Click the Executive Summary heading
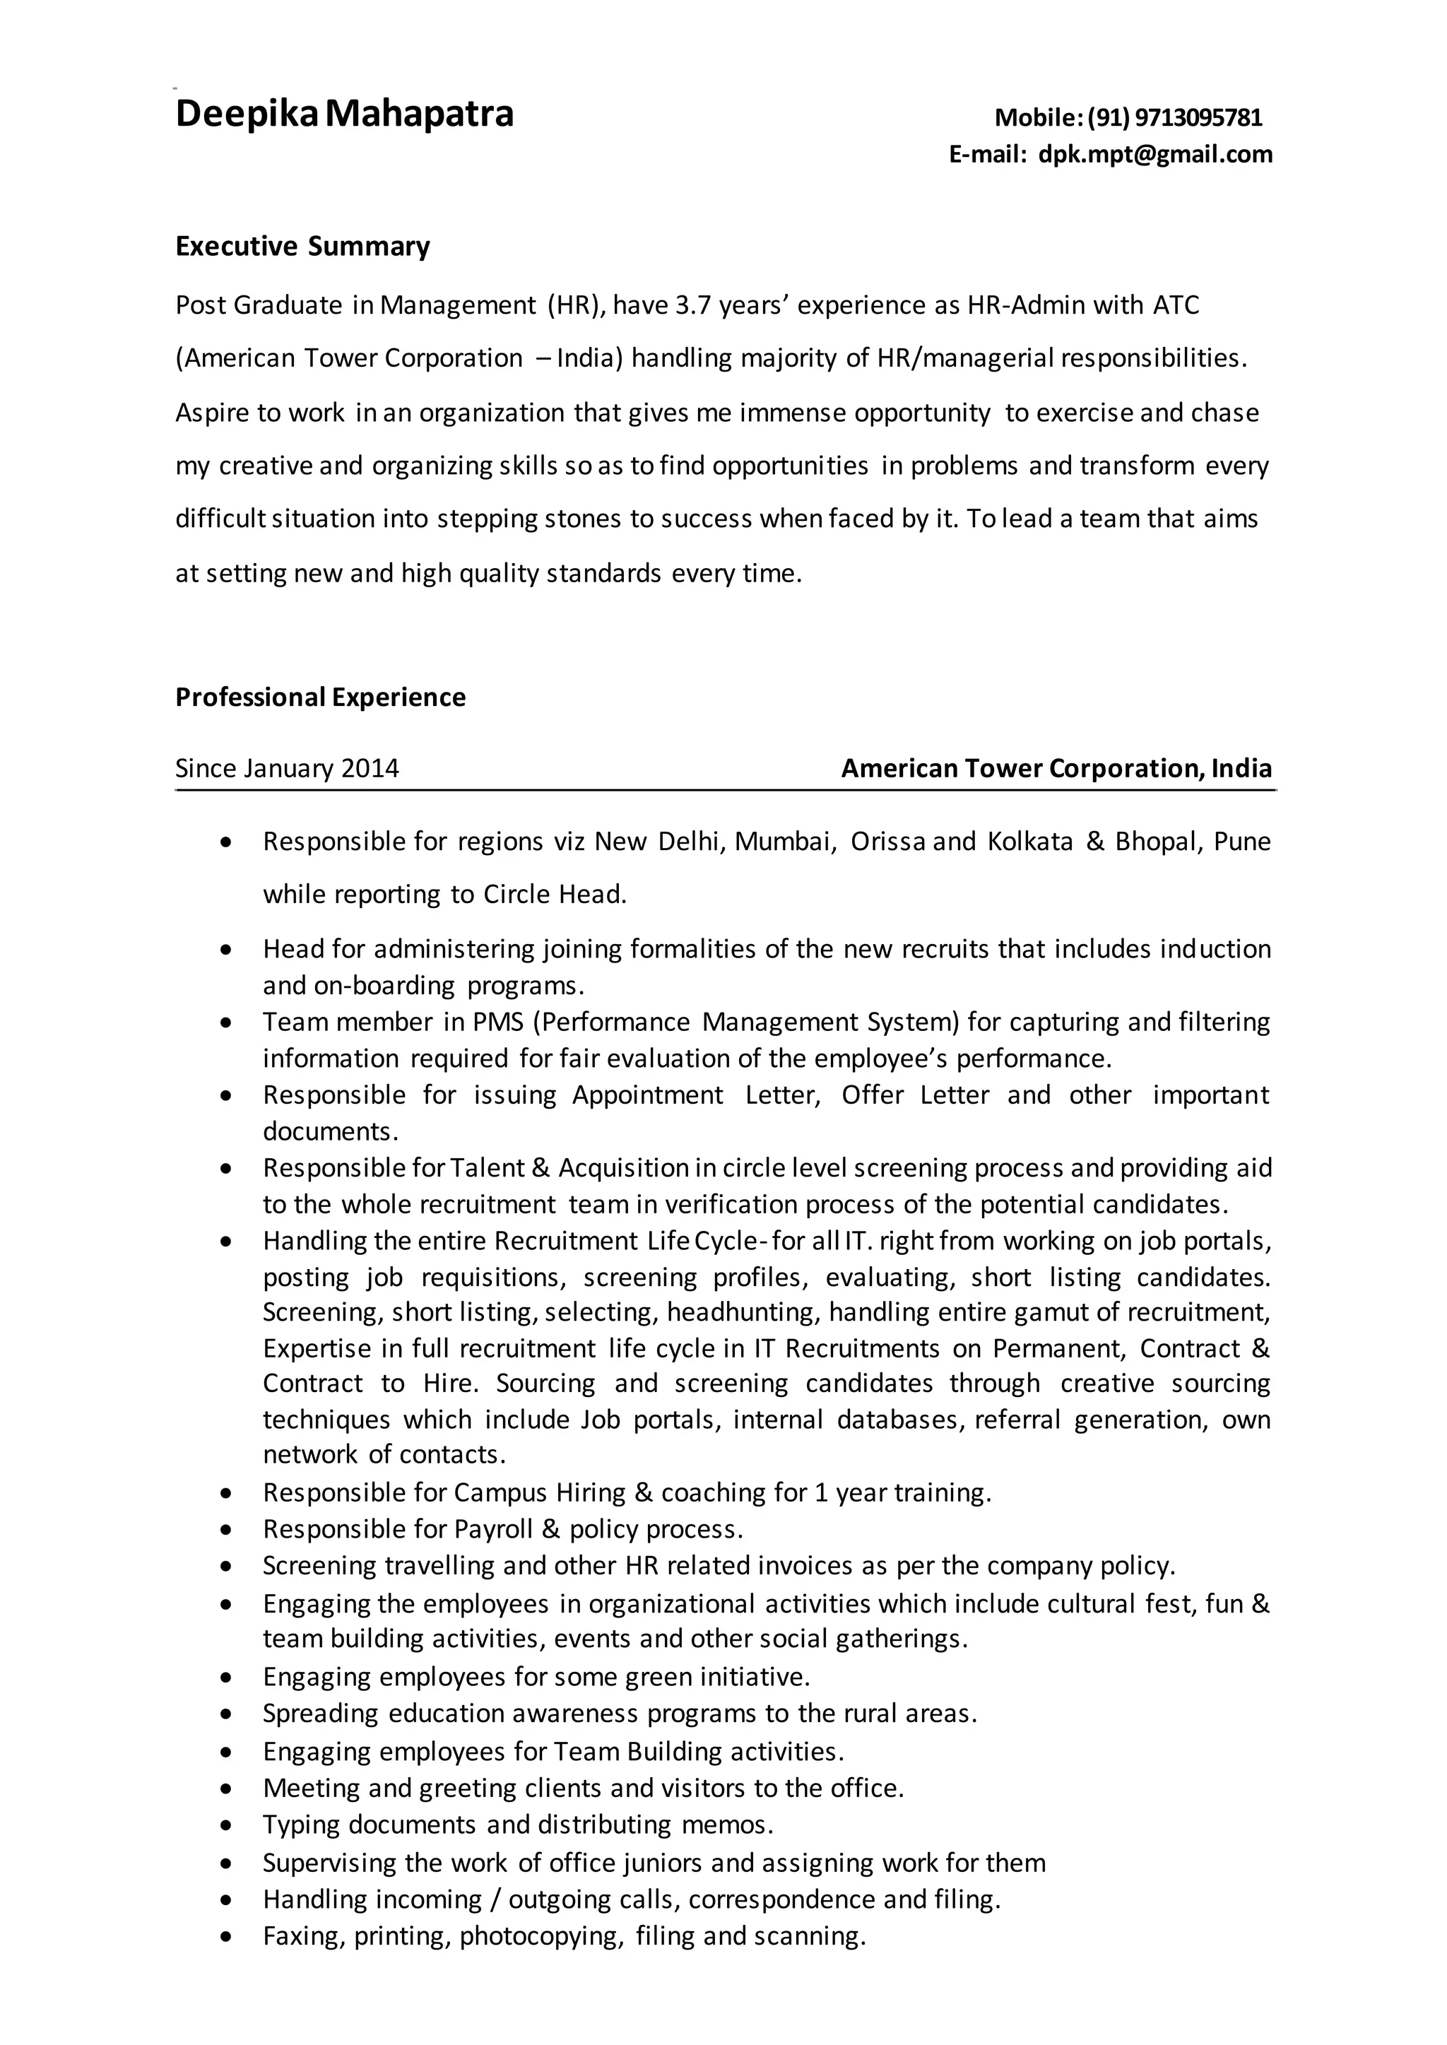[x=302, y=247]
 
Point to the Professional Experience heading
[x=320, y=697]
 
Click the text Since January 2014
[x=287, y=768]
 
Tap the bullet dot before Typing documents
[x=229, y=1826]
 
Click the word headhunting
[x=740, y=1312]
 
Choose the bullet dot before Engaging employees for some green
[x=229, y=1678]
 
